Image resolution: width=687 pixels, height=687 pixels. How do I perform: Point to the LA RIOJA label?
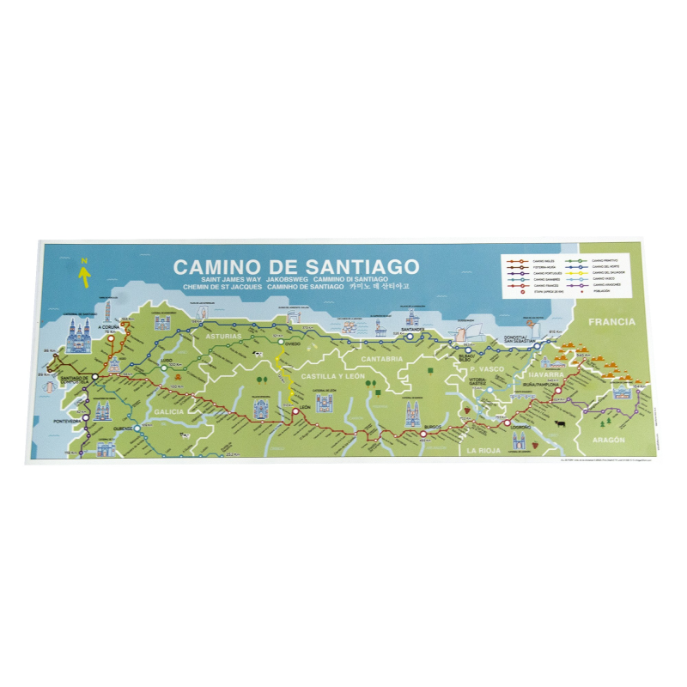[483, 449]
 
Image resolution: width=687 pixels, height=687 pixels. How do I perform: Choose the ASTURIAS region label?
[225, 337]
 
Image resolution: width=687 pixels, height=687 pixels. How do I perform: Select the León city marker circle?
[295, 411]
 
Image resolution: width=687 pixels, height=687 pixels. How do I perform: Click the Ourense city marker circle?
[136, 427]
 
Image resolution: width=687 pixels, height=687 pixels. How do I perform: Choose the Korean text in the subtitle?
[379, 288]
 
